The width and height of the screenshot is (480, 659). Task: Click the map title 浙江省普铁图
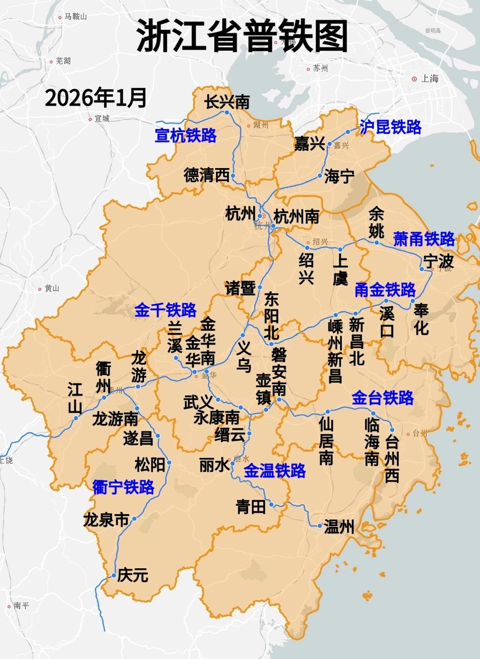(242, 36)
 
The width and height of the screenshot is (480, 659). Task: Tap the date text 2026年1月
(96, 98)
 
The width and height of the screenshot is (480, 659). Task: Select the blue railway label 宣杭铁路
(185, 135)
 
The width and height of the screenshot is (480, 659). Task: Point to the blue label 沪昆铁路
(390, 127)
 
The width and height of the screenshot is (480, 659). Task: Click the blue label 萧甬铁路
(424, 239)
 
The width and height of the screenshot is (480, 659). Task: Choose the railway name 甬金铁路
(385, 290)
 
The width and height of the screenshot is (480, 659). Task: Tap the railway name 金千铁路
(165, 310)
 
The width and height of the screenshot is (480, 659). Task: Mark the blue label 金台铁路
(382, 398)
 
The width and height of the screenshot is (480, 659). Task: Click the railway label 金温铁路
(275, 471)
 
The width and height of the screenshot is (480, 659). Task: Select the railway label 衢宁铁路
(123, 487)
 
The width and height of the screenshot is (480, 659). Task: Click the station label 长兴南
(227, 102)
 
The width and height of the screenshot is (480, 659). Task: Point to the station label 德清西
(206, 175)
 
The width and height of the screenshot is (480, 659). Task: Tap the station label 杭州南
(296, 217)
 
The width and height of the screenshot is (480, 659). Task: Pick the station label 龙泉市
(106, 520)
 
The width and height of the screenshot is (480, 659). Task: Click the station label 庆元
(132, 575)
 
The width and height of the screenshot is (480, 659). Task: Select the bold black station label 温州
(339, 527)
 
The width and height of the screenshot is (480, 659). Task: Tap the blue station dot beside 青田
(272, 505)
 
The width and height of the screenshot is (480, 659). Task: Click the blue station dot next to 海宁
(320, 176)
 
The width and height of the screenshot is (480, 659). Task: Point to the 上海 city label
(429, 79)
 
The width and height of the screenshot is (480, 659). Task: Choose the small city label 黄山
(52, 289)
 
